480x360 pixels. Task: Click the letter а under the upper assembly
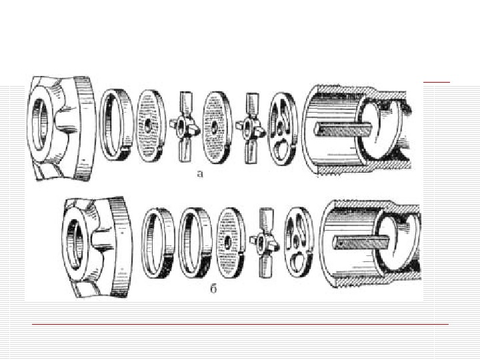pos(200,174)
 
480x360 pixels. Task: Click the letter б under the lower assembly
pos(213,289)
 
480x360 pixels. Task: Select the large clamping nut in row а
pos(61,129)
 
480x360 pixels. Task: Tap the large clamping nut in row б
pos(97,247)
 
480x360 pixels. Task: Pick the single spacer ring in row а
pos(117,125)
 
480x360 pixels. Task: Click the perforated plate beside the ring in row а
pos(151,125)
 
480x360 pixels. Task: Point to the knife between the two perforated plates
pos(185,127)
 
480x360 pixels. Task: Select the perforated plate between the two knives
pos(217,127)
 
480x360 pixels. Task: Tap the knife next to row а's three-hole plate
pos(251,128)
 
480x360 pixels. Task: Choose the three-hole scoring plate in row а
pos(283,129)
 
